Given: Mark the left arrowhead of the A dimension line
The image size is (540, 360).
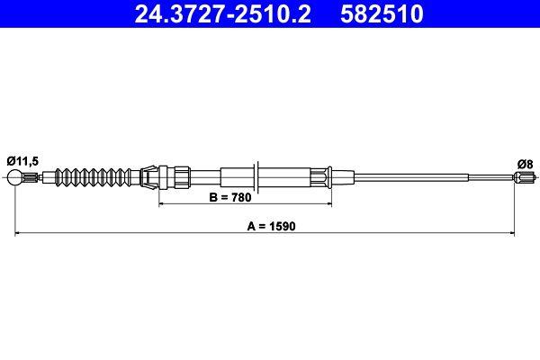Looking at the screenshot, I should (x=18, y=234).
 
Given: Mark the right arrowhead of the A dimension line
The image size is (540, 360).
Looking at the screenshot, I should (x=514, y=234).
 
